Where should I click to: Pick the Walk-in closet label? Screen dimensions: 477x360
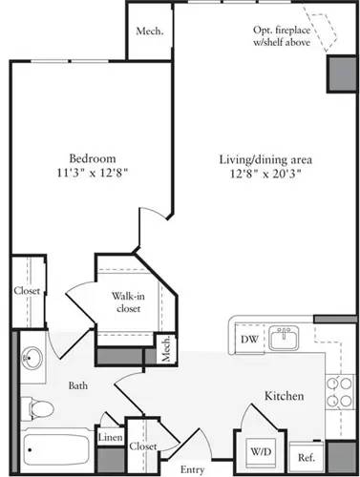click(x=129, y=301)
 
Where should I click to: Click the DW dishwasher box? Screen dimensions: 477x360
click(x=247, y=339)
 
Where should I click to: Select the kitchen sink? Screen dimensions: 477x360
click(x=283, y=338)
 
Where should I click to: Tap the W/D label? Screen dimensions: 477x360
click(x=261, y=450)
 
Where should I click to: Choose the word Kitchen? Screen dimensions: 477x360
click(x=284, y=395)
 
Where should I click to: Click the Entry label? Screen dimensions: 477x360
click(x=192, y=469)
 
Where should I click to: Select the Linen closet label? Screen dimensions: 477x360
click(x=111, y=437)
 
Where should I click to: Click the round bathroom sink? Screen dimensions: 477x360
click(x=32, y=360)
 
